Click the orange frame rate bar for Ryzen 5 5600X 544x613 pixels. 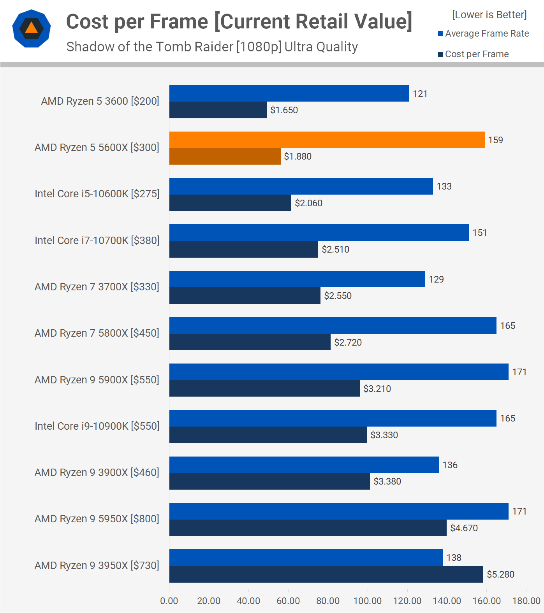coord(327,140)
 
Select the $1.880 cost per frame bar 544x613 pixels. coord(225,156)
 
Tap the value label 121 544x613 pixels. coord(420,94)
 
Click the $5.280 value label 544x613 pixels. coord(500,574)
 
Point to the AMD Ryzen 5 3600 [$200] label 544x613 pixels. coord(100,101)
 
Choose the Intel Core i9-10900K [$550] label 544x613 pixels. coord(97,426)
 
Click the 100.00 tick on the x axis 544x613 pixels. coord(367,601)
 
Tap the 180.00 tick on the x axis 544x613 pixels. coord(526,601)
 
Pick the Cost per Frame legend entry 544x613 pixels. coord(473,54)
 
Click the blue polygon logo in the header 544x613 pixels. coord(32,28)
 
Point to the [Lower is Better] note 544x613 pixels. coord(489,15)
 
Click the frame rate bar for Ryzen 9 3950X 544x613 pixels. coord(306,558)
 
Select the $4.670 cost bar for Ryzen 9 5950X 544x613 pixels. coord(308,528)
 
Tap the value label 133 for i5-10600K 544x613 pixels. coord(444,186)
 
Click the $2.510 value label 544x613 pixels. coord(335,249)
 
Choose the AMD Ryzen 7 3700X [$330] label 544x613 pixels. coord(97,287)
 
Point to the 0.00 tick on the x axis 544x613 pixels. coord(169,601)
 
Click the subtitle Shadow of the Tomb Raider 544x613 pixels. coord(212,47)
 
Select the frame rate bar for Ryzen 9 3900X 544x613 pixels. coord(304,465)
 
